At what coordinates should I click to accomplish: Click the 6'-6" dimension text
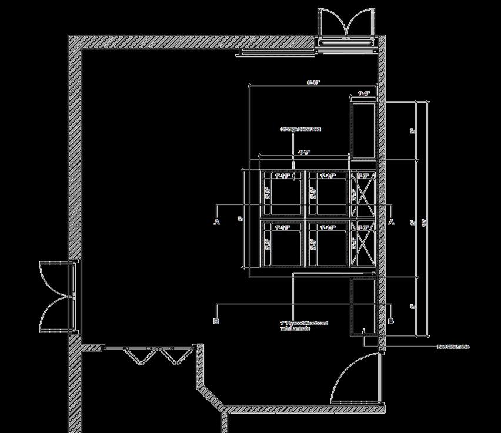pos(313,83)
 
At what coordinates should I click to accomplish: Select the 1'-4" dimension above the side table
pos(363,93)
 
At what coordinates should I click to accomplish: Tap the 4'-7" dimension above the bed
pos(304,153)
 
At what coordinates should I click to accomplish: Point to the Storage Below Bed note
pos(300,129)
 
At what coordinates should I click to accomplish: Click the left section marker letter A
pos(217,221)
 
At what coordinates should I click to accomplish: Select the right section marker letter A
pos(391,221)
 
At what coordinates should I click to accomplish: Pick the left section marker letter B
pos(217,321)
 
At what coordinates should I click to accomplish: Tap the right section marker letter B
pos(391,321)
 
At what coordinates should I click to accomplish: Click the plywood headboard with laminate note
pos(304,325)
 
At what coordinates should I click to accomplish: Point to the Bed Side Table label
pos(453,347)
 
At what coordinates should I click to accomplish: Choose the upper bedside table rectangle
pos(363,130)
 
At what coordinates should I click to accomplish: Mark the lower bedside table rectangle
pos(363,306)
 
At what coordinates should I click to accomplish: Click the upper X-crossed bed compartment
pos(362,194)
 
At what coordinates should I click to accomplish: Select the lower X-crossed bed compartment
pos(362,244)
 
